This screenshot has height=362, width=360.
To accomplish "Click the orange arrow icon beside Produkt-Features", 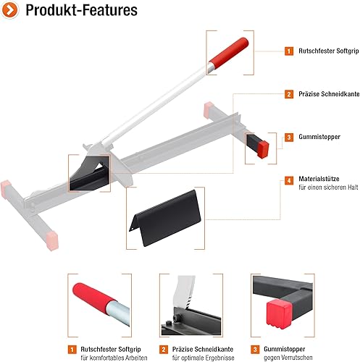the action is [9, 10].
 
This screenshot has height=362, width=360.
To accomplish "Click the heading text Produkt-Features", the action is [82, 10].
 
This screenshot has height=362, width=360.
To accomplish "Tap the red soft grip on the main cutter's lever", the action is [229, 54].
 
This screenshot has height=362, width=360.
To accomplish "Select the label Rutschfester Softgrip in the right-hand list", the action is [329, 51].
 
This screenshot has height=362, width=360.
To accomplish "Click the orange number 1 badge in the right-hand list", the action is [289, 51].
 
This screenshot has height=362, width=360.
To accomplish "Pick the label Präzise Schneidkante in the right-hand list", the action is [329, 94].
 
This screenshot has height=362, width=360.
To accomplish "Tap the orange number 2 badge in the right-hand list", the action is [289, 94].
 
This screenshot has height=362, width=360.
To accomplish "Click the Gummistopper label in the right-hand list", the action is [319, 137].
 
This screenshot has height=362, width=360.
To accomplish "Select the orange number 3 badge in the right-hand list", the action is [289, 138].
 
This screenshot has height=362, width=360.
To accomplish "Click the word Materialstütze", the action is [319, 179].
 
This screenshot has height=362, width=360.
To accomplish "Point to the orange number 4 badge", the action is [289, 180].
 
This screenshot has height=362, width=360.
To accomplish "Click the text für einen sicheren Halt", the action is [328, 188].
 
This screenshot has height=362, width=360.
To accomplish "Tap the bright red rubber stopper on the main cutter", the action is [263, 149].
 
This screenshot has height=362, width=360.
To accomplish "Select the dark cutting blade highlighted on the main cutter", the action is [89, 173].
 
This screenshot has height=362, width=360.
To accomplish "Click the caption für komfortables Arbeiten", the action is [114, 358].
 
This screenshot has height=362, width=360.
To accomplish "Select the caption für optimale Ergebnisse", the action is [203, 358].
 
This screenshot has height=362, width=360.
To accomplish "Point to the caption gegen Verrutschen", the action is [288, 358].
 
